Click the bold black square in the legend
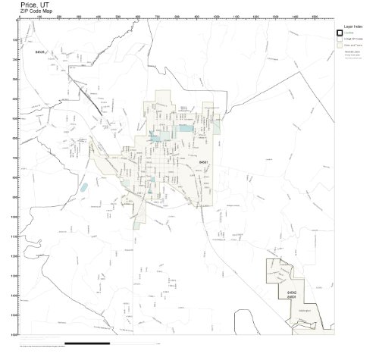tap(340, 32)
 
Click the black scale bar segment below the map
tap(87, 343)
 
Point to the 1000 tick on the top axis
tap(216, 16)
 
